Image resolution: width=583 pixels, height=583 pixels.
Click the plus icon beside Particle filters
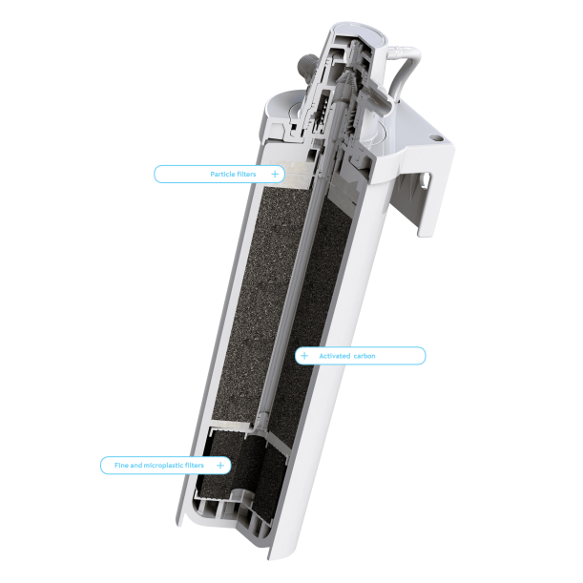275,175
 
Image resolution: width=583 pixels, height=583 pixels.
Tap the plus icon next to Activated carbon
304,356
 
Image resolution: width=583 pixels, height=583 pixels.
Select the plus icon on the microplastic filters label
220,465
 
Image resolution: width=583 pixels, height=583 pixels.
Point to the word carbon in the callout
364,356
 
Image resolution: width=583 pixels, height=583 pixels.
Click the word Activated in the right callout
336,356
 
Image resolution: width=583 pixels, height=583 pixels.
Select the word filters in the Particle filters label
246,175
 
